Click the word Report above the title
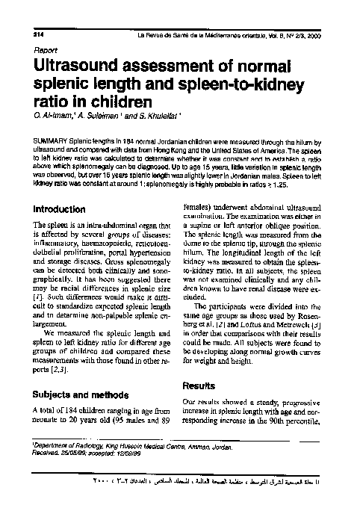click(x=46, y=51)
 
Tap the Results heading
click(x=199, y=385)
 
